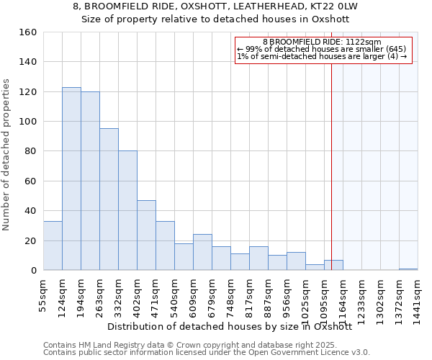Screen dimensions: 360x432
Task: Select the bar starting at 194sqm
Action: (x=90, y=181)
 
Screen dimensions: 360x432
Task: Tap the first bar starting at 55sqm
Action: (x=53, y=246)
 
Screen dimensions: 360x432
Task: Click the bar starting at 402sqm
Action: (x=146, y=235)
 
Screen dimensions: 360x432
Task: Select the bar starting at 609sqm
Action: (x=202, y=252)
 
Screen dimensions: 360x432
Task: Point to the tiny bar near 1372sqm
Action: (x=408, y=269)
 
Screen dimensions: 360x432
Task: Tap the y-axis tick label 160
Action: (x=27, y=32)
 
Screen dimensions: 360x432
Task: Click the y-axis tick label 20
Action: (x=30, y=241)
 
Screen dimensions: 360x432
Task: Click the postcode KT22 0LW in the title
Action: (x=342, y=6)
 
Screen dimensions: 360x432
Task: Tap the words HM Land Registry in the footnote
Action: (x=102, y=345)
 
